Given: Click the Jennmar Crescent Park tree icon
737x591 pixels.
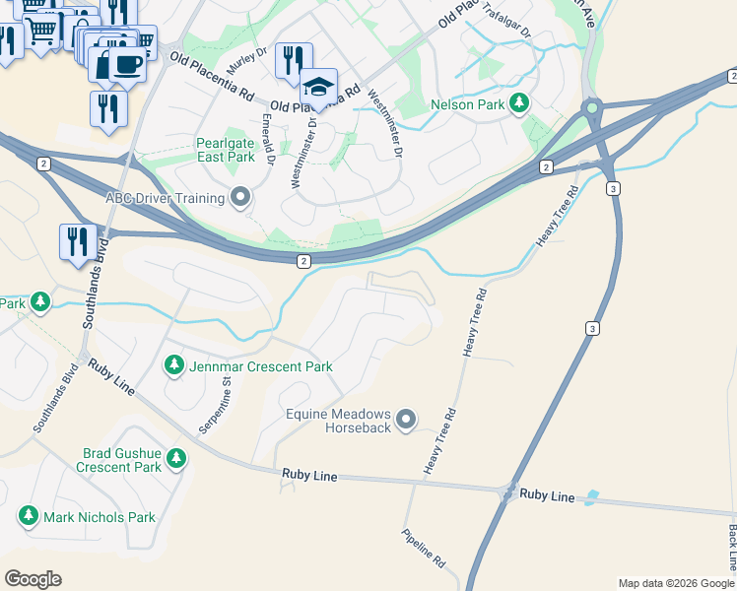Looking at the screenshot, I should pyautogui.click(x=174, y=366).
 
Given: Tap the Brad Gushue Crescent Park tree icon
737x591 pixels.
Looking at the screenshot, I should pyautogui.click(x=176, y=458).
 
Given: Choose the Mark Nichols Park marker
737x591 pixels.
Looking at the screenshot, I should pyautogui.click(x=28, y=516).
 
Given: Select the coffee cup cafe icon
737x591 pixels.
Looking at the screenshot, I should pyautogui.click(x=125, y=64).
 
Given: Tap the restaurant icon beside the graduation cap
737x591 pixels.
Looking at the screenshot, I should pyautogui.click(x=294, y=61).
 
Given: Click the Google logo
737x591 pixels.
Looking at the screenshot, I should pyautogui.click(x=33, y=579).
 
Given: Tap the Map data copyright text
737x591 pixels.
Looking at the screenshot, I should pyautogui.click(x=676, y=583).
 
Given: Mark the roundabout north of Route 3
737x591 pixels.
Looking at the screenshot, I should pyautogui.click(x=591, y=107).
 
